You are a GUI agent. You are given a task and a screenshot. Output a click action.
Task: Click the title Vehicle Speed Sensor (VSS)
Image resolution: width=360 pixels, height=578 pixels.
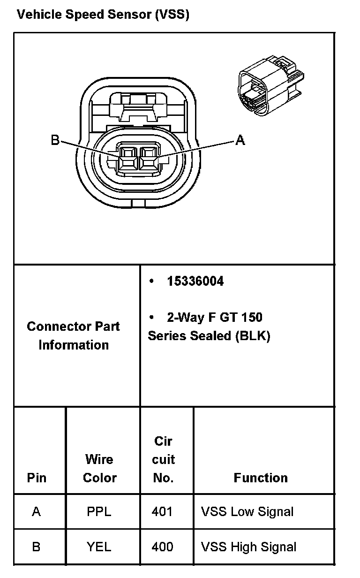pyautogui.click(x=103, y=15)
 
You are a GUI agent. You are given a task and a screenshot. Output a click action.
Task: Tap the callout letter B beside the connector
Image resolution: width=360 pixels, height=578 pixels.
pyautogui.click(x=55, y=140)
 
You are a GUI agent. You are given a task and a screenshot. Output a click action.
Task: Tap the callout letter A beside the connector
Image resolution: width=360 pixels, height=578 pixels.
pyautogui.click(x=240, y=140)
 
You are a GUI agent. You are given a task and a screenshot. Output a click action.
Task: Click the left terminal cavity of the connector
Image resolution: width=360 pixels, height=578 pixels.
pyautogui.click(x=127, y=158)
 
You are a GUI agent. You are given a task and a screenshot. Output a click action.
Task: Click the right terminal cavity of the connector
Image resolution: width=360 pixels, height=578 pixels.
pyautogui.click(x=148, y=158)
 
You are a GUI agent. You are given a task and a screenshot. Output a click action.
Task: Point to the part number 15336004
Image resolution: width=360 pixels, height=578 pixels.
pyautogui.click(x=195, y=281)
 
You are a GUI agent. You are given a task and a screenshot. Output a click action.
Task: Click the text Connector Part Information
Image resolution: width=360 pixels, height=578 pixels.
pyautogui.click(x=74, y=335)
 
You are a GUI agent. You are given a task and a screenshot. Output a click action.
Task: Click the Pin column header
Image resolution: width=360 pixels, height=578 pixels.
pyautogui.click(x=37, y=478)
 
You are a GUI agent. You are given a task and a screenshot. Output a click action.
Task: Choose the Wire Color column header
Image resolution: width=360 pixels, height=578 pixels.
pyautogui.click(x=99, y=468)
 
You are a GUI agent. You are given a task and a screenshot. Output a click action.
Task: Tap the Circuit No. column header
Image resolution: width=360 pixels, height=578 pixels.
pyautogui.click(x=163, y=459)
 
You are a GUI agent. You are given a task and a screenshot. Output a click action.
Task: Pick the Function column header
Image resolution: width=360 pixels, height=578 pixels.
pyautogui.click(x=261, y=478)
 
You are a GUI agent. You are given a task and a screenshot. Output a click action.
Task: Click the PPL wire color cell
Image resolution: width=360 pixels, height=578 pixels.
pyautogui.click(x=99, y=511)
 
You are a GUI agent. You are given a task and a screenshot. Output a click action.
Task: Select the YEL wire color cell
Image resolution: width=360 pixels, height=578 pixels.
pyautogui.click(x=99, y=547)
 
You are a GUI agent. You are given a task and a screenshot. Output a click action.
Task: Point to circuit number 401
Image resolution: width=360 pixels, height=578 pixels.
pyautogui.click(x=162, y=511)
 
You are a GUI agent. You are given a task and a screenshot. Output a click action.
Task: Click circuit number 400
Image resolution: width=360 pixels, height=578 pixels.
pyautogui.click(x=162, y=547)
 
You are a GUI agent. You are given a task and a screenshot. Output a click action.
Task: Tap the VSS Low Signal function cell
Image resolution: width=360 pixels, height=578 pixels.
pyautogui.click(x=247, y=511)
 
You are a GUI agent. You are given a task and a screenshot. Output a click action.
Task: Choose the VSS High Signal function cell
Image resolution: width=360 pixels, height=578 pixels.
pyautogui.click(x=248, y=547)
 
